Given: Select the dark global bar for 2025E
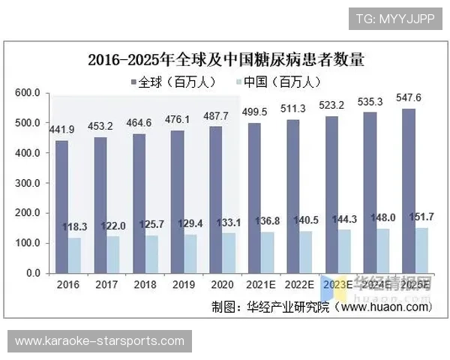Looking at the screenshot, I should [x=409, y=190].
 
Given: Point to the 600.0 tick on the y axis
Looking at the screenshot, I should [x=27, y=92].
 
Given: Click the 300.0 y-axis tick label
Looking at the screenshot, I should [x=27, y=183].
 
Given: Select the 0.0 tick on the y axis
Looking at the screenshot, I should [x=32, y=273].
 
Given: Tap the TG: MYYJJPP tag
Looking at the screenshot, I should [x=394, y=17].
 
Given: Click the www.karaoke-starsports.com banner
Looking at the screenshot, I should [x=99, y=341].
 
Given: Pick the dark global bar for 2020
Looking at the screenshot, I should [x=217, y=199].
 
